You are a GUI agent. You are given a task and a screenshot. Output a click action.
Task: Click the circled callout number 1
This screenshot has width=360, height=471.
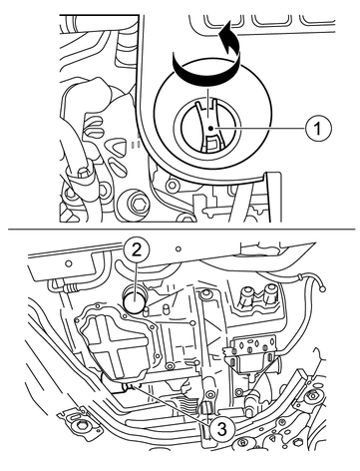click(x=318, y=128)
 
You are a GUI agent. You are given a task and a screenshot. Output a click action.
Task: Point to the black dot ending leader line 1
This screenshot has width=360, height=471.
click(x=210, y=128)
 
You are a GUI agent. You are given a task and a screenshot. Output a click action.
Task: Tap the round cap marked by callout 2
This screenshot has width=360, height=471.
click(x=134, y=300)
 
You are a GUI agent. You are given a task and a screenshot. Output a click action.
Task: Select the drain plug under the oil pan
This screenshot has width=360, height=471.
click(x=133, y=387)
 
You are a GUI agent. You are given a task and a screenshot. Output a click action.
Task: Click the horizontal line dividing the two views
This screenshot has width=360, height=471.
click(x=181, y=230)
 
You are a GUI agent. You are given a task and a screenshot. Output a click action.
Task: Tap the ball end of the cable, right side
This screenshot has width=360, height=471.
click(x=321, y=289)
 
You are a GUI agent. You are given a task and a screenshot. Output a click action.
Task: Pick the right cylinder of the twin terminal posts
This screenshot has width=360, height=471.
click(x=270, y=293)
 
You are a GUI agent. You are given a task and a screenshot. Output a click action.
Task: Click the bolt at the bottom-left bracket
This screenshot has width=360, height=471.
click(x=79, y=425)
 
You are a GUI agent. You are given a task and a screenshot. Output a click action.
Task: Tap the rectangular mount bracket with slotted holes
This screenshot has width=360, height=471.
click(x=252, y=352)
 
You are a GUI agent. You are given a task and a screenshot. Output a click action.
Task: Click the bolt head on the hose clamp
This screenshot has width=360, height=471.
click(x=83, y=173)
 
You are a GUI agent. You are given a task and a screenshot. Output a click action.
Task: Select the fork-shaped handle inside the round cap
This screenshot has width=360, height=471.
click(x=209, y=126)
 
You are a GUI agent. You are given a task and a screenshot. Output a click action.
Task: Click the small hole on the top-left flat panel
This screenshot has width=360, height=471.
click(x=69, y=263)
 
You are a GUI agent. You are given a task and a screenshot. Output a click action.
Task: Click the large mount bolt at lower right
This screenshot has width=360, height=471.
click(x=311, y=396)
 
